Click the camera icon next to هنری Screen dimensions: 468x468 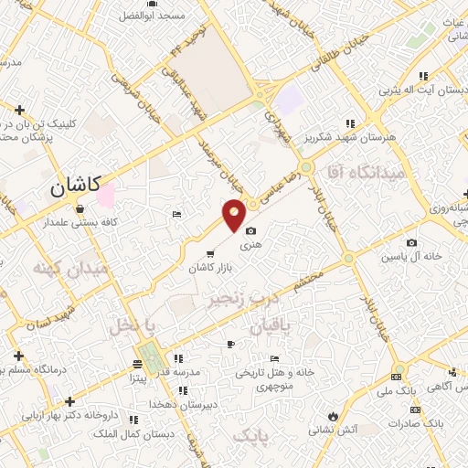250,232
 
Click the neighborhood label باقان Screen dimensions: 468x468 267,324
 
